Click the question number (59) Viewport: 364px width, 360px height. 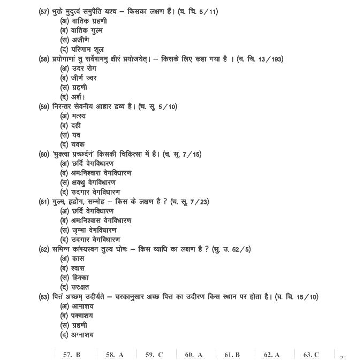[x=44, y=106]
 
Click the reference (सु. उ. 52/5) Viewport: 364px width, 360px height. [x=231, y=249]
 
